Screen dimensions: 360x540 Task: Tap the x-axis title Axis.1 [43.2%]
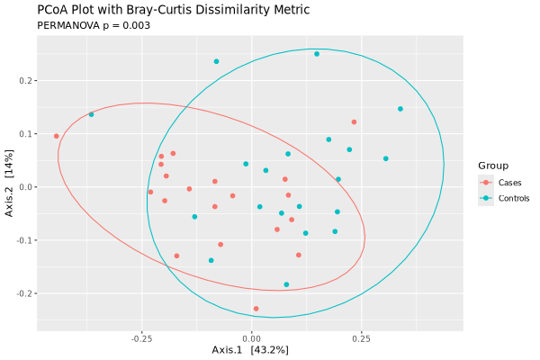tap(249, 349)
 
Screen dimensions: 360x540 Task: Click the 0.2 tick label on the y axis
tap(24, 81)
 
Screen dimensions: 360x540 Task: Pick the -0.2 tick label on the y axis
tap(22, 293)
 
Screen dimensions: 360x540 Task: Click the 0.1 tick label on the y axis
tap(24, 134)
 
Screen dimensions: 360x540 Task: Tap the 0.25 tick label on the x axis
tap(361, 338)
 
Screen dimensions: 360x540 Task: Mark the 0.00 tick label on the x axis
tap(251, 338)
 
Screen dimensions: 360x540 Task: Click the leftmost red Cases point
tap(57, 136)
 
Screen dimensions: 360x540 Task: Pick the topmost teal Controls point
tap(317, 54)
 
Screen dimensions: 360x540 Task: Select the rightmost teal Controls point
tap(400, 109)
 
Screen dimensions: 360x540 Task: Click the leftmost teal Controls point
tap(91, 114)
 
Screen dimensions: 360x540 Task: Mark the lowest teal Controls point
tap(287, 284)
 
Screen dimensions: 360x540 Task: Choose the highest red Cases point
tap(354, 121)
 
